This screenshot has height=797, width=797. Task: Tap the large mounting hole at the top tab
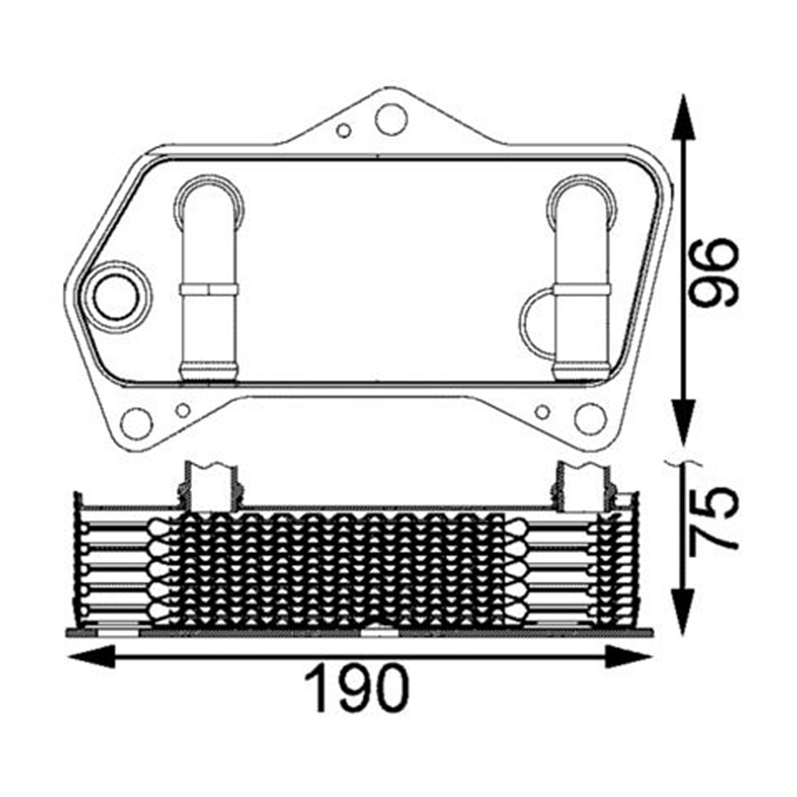pyautogui.click(x=391, y=119)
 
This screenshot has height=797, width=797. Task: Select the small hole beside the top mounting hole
pyautogui.click(x=344, y=130)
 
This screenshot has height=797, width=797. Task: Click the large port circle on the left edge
pyautogui.click(x=116, y=296)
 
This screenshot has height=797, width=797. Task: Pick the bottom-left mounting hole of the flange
pyautogui.click(x=136, y=422)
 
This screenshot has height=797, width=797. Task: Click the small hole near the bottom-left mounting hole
pyautogui.click(x=183, y=410)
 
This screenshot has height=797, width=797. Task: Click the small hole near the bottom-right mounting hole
pyautogui.click(x=543, y=411)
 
